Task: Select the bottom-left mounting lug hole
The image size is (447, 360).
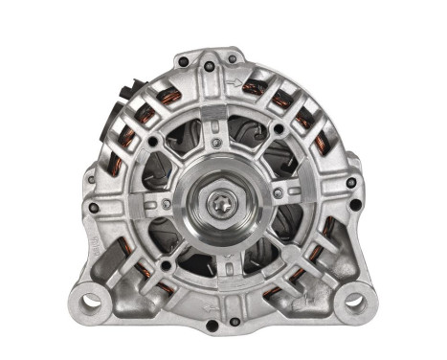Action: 92,302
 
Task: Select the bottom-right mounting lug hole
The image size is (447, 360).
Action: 353,303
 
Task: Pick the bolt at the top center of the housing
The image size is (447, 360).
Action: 231,59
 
